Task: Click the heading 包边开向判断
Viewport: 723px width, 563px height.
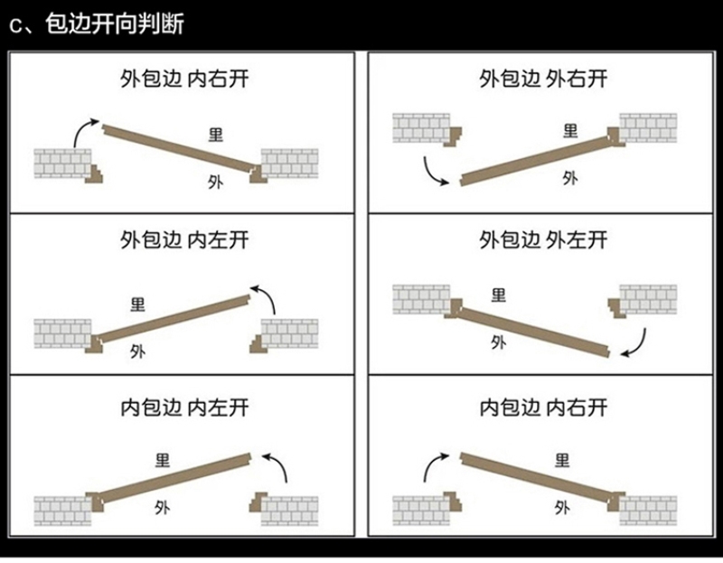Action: click(x=108, y=23)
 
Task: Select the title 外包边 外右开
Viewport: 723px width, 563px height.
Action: click(x=543, y=79)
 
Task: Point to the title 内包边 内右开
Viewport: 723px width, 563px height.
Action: click(x=543, y=408)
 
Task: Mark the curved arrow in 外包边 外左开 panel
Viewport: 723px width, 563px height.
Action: click(x=637, y=342)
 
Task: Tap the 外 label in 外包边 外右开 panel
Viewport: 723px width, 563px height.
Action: click(x=569, y=177)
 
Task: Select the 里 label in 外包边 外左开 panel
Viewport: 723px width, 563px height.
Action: click(x=498, y=295)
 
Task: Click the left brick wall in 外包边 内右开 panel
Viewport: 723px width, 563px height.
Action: click(x=61, y=164)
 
